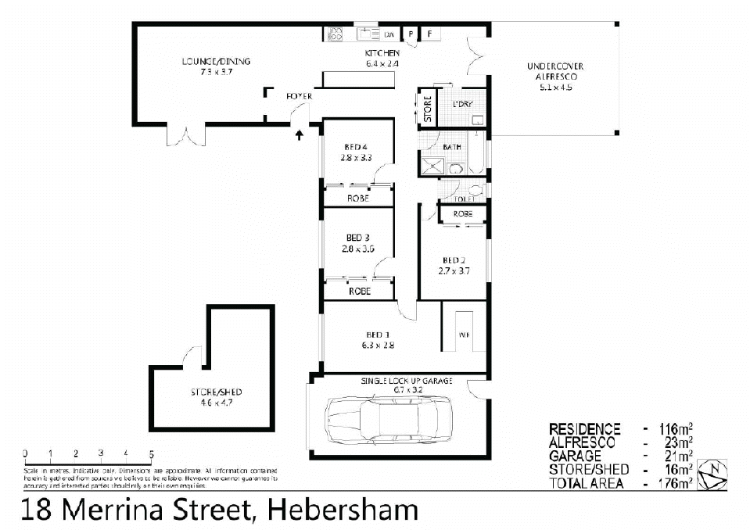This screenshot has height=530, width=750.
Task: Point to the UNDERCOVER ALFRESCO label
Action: click(555, 72)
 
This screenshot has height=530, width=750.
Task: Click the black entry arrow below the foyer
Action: click(300, 136)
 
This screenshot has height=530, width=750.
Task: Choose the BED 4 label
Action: click(355, 147)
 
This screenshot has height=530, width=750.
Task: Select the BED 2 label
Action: click(454, 261)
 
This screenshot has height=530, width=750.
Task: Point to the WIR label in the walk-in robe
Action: click(464, 335)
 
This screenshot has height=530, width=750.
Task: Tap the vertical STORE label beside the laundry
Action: click(428, 109)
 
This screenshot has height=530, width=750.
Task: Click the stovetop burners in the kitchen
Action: click(336, 34)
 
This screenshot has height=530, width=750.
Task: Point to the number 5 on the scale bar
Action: click(151, 453)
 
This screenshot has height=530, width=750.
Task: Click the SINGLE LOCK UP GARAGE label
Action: click(407, 381)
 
